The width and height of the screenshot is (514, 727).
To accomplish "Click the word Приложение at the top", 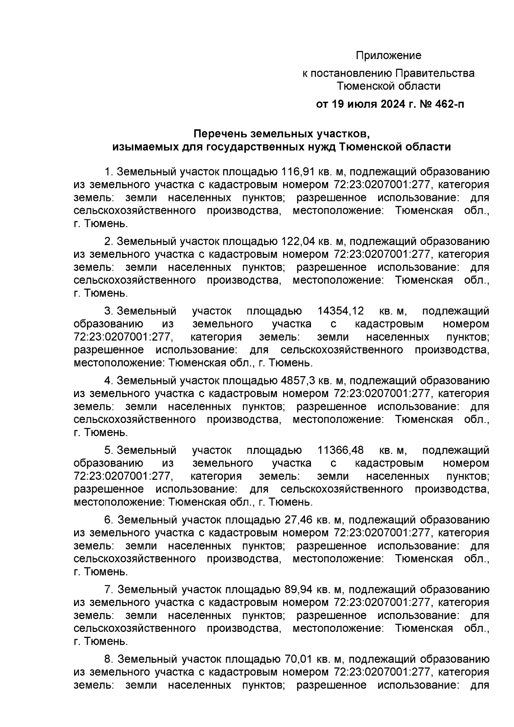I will click(389, 56).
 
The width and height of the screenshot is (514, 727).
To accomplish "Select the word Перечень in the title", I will click(218, 134).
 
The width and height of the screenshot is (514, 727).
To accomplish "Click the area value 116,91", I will click(297, 172).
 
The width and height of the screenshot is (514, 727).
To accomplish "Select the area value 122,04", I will click(297, 242).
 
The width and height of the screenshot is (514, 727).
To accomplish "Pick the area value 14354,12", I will click(341, 311).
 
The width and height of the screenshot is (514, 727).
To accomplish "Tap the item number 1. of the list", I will click(109, 172).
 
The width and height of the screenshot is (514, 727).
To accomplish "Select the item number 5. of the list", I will click(109, 450).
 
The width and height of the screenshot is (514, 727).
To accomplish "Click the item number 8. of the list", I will click(109, 659).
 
